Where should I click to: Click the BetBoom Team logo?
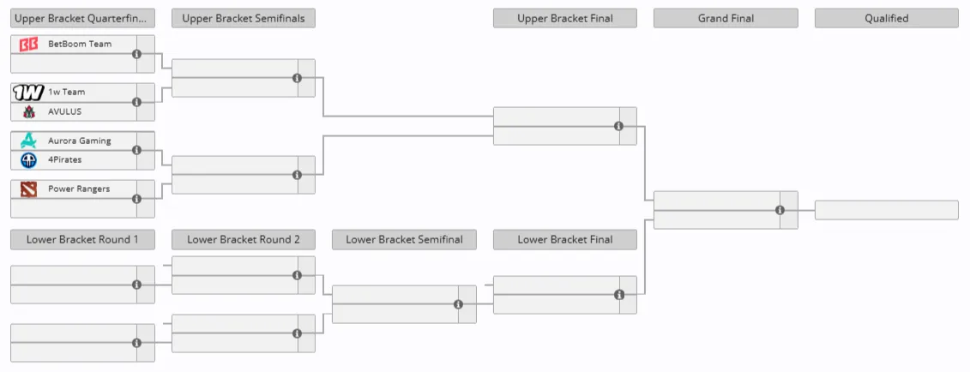28,45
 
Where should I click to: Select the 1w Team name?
67,92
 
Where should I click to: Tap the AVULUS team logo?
28,111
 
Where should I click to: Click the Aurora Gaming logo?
28,141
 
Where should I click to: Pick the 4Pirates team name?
65,159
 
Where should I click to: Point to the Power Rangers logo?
28,189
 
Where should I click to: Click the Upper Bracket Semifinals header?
243,19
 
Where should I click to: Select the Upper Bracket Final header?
565,19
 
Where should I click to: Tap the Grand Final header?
726,19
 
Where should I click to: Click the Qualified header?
887,19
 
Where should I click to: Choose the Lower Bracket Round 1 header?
82,240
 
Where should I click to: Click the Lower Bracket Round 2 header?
243,240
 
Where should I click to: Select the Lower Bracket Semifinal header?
404,240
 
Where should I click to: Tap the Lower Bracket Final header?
565,240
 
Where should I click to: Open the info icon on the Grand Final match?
780,210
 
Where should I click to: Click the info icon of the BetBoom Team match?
136,54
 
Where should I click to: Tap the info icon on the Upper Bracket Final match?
618,126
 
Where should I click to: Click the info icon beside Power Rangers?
136,199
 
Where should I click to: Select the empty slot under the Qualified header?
887,210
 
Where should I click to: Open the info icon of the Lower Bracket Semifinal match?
458,304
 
